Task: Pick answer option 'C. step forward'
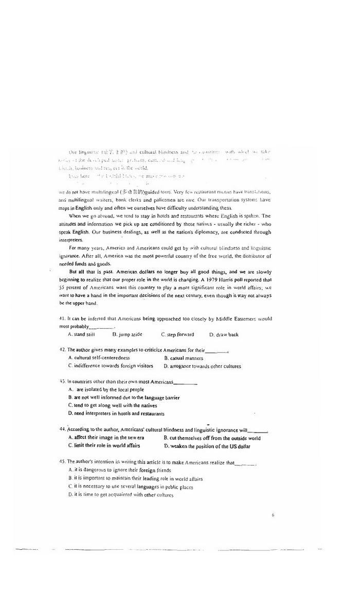(x=177, y=334)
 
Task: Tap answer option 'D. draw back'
(x=224, y=334)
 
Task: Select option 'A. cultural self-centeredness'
(x=99, y=357)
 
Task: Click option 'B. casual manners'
(x=183, y=358)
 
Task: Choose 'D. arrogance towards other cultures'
(x=202, y=366)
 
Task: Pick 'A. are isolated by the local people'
(x=106, y=389)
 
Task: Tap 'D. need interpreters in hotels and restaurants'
(x=116, y=413)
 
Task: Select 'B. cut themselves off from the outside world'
(x=212, y=438)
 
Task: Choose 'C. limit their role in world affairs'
(x=104, y=445)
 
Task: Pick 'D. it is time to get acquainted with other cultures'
(x=121, y=495)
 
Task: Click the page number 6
(x=273, y=514)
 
